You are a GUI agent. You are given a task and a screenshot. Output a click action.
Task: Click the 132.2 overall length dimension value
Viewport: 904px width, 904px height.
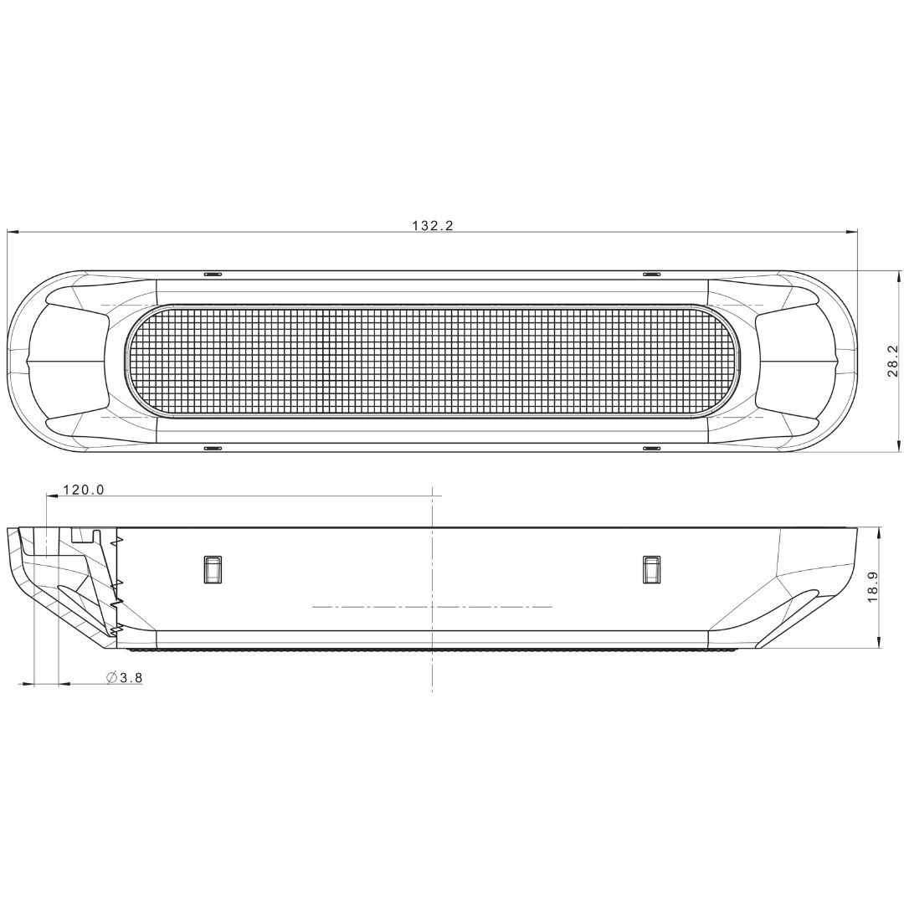point(432,225)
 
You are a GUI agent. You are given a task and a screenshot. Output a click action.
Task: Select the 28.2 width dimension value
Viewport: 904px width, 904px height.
point(892,361)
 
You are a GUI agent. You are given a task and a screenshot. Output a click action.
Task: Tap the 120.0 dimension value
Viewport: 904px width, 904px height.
point(84,490)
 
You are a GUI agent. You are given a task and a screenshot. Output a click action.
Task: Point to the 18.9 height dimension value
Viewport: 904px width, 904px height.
point(872,588)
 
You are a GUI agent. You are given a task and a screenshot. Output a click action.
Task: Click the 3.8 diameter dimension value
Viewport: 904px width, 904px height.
point(131,678)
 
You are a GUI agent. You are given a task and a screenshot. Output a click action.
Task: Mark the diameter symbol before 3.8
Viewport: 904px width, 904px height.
point(112,678)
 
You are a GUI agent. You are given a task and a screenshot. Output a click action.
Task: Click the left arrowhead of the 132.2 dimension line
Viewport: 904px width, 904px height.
point(13,232)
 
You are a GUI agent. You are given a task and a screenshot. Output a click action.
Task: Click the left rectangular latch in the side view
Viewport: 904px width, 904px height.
point(213,569)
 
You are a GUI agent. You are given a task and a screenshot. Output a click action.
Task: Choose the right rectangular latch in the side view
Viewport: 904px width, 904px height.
point(651,569)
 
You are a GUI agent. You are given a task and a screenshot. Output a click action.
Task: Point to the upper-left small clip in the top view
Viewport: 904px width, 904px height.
point(213,274)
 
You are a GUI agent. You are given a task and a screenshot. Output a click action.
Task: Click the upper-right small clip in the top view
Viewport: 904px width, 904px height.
point(651,274)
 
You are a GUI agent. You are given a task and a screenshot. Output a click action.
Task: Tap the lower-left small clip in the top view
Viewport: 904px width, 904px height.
point(213,449)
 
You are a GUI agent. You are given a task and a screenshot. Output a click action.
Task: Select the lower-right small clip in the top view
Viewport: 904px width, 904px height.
point(651,449)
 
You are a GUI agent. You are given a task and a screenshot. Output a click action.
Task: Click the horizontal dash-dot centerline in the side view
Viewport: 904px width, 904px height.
point(432,607)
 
